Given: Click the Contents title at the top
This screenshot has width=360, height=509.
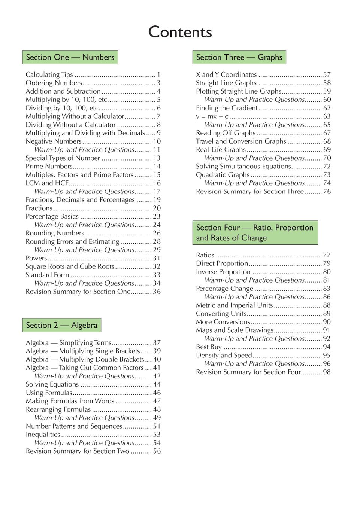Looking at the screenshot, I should click(x=180, y=32).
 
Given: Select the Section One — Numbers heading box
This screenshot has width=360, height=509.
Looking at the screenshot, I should click(x=70, y=57).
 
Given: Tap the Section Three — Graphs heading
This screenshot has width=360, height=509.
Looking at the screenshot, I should click(x=239, y=57).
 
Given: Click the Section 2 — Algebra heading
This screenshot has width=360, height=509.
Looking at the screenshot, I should click(x=61, y=325).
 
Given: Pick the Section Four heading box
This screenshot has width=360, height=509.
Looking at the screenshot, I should click(x=255, y=232).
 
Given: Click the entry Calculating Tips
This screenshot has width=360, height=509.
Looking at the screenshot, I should click(x=49, y=74).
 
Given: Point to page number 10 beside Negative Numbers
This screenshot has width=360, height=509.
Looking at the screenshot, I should click(x=157, y=141).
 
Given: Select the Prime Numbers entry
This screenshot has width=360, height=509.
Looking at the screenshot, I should click(x=49, y=166).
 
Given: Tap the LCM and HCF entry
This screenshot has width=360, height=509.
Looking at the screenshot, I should click(x=47, y=183).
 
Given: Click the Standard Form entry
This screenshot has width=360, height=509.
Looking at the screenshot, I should click(x=47, y=275).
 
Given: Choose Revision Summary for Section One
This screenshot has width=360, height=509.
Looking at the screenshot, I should click(x=78, y=292).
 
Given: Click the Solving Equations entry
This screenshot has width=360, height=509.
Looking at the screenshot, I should click(x=52, y=384).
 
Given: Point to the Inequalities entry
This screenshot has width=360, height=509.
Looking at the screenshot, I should click(x=43, y=435).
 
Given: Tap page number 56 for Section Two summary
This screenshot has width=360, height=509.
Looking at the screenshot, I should click(x=157, y=451).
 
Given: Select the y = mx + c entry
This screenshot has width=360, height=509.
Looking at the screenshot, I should click(x=212, y=116).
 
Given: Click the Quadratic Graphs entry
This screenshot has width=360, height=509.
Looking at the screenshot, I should click(x=223, y=175).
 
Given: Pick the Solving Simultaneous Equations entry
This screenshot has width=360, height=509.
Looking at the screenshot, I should click(x=243, y=166).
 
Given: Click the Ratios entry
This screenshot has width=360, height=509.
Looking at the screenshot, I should click(x=205, y=255).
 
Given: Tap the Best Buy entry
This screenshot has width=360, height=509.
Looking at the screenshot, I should click(x=209, y=347).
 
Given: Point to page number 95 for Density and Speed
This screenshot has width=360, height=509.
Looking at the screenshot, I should click(x=327, y=355).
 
